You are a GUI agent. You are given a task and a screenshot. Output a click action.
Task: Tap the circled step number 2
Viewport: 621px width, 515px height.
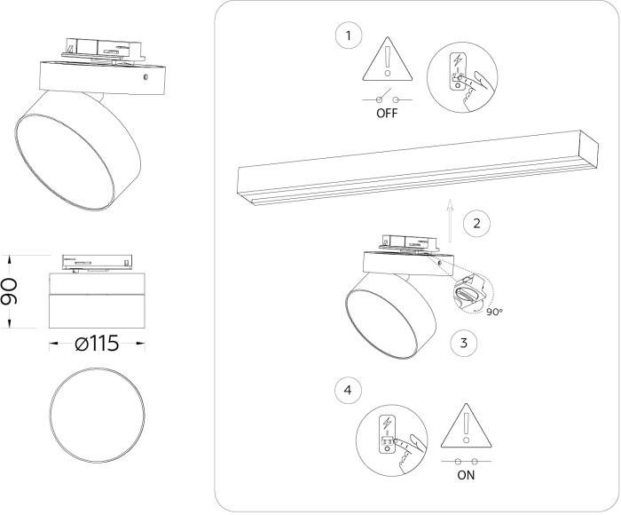point(477,223)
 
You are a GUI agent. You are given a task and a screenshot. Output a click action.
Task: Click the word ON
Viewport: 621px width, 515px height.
point(467,475)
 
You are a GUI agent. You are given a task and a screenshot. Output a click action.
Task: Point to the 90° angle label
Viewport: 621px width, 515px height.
point(495,312)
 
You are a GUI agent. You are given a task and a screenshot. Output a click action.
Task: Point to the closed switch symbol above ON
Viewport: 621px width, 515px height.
point(467,461)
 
